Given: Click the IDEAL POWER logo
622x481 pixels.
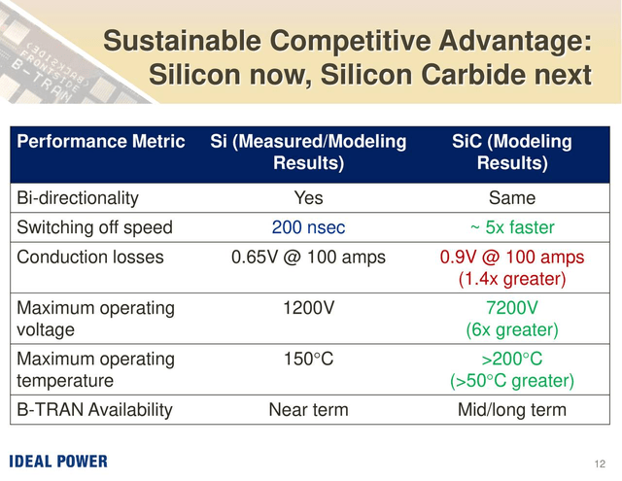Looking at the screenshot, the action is pos(58,462).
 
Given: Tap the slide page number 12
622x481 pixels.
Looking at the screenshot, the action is pos(600,464).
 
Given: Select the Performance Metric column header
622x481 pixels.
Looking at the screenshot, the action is pos(101,142).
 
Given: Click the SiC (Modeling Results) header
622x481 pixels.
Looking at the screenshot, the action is pos(512,153).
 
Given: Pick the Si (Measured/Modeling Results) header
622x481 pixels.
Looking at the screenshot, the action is pos(308,153).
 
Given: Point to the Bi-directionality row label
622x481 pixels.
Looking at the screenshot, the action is pos(78,198).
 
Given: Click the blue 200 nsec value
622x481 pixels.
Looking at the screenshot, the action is pos(308,227).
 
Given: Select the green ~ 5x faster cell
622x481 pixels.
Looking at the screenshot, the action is pos(512,227).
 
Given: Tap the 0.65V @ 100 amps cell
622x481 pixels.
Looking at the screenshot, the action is pos(308,258).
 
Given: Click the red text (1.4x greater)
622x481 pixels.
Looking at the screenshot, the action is pos(512,279).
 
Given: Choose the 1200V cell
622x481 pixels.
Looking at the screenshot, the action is pos(308,308).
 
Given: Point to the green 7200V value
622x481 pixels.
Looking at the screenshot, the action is pos(512,308).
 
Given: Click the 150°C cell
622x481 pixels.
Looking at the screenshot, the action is pos(308,359).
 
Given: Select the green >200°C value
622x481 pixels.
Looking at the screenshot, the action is pos(512,359).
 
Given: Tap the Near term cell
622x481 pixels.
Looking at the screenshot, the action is pos(308,410).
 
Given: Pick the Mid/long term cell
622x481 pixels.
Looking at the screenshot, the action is pos(512,410).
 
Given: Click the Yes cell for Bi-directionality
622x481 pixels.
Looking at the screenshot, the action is pos(308,198).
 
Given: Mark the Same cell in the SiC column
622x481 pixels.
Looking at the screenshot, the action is pos(512,198).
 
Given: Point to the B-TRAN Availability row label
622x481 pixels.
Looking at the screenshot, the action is pos(94,410).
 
